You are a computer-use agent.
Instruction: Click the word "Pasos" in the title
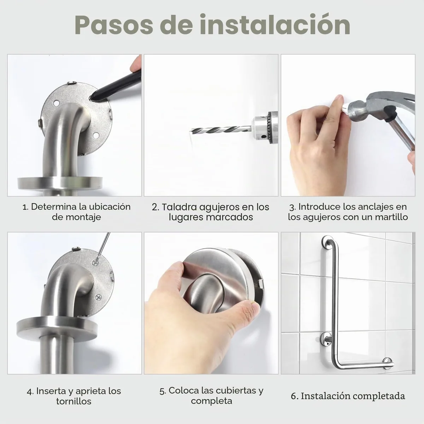click(x=114, y=25)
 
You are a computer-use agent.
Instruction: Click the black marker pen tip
click(x=92, y=99)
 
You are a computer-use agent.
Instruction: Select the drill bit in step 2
click(x=220, y=130)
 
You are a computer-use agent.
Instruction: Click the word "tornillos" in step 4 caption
click(x=74, y=401)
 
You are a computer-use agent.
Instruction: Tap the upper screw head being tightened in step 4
click(x=95, y=262)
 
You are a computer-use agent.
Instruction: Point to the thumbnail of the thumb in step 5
click(x=253, y=306)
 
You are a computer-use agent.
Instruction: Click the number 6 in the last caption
click(x=293, y=396)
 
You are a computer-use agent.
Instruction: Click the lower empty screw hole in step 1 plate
click(x=95, y=135)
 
